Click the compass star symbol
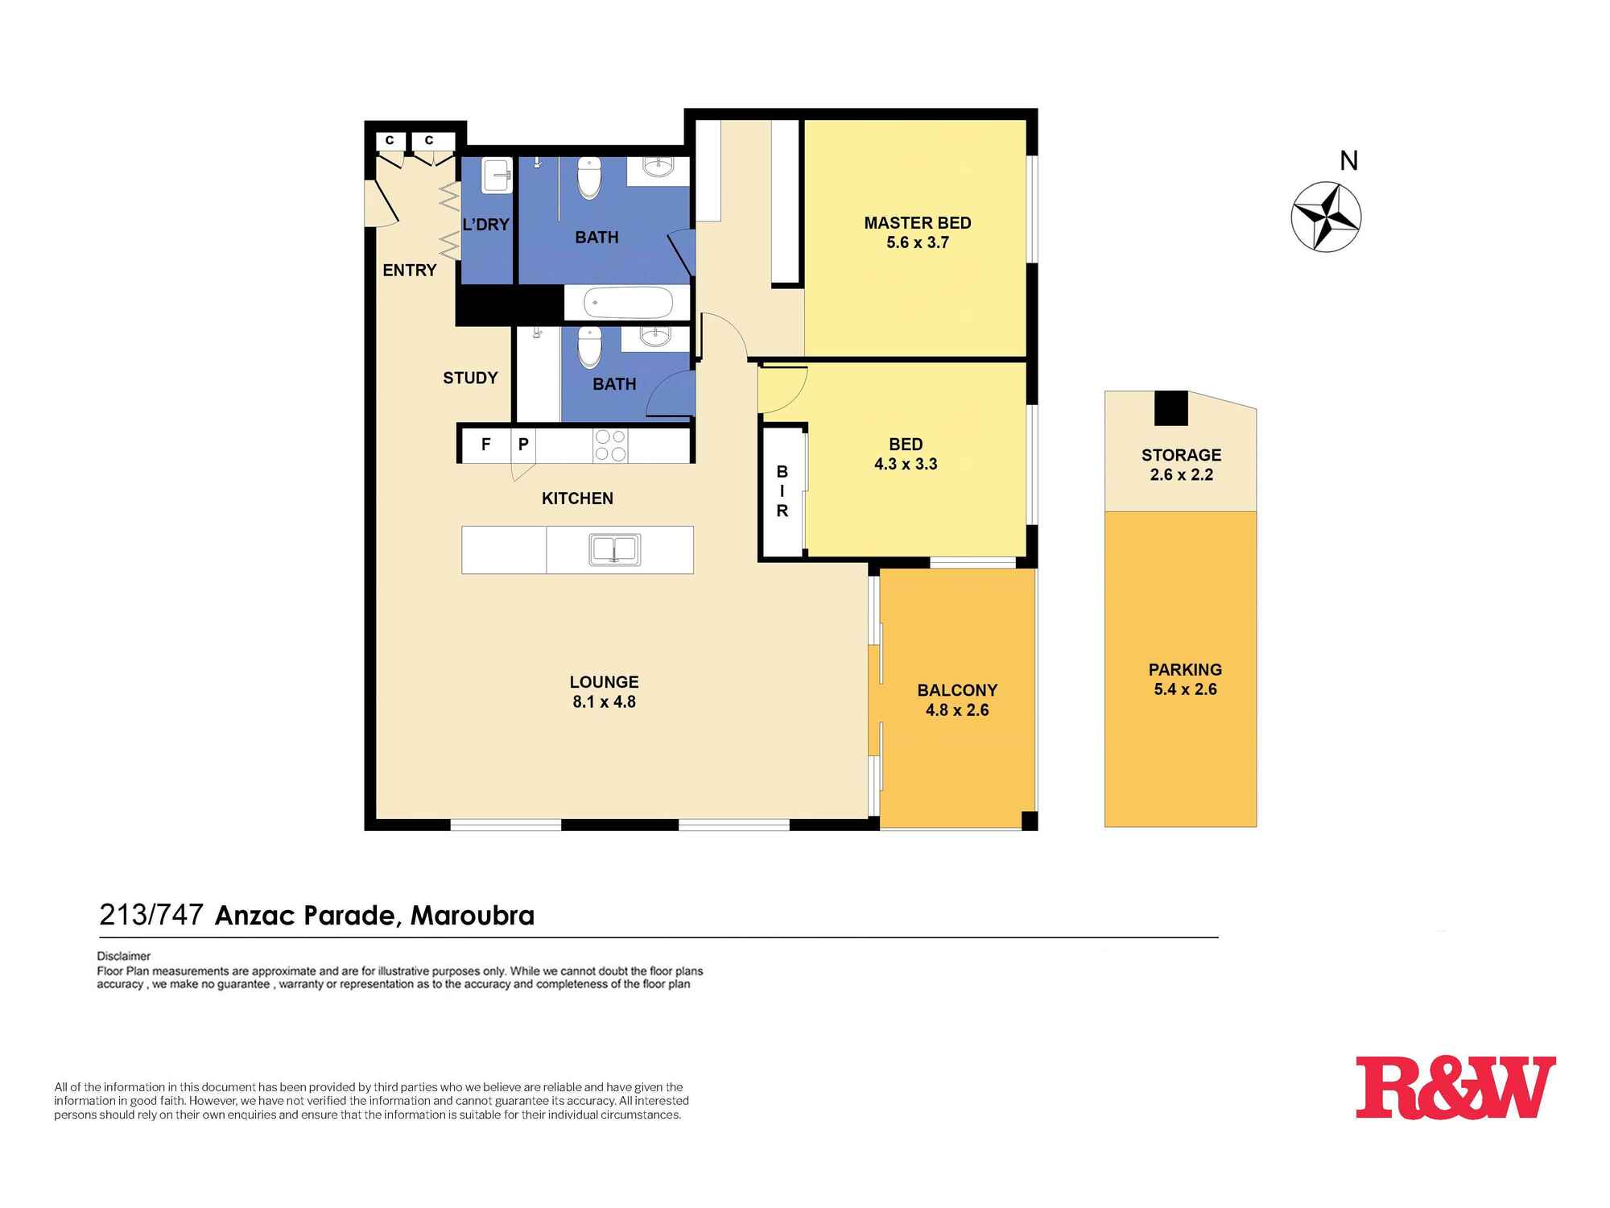point(1326,217)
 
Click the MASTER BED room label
point(917,223)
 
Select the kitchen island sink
point(615,550)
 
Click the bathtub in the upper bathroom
point(628,303)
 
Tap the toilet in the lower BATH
point(589,347)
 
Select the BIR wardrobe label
point(782,491)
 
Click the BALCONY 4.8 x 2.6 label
point(957,700)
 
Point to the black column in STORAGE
point(1170,408)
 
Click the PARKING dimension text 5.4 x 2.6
point(1185,689)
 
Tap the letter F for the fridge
point(485,445)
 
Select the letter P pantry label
point(523,445)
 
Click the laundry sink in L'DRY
point(497,176)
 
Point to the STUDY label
point(470,378)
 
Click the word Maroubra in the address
point(472,916)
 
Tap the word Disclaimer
point(123,956)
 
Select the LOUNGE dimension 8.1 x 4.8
point(604,702)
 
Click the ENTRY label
point(409,271)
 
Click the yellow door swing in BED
point(778,390)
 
